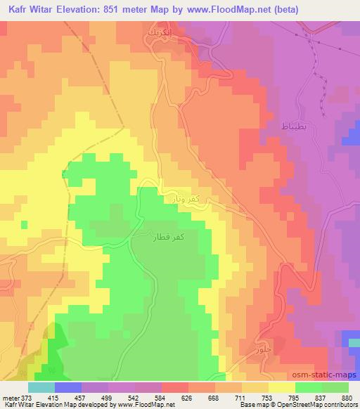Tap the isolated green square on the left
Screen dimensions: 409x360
click(25, 224)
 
